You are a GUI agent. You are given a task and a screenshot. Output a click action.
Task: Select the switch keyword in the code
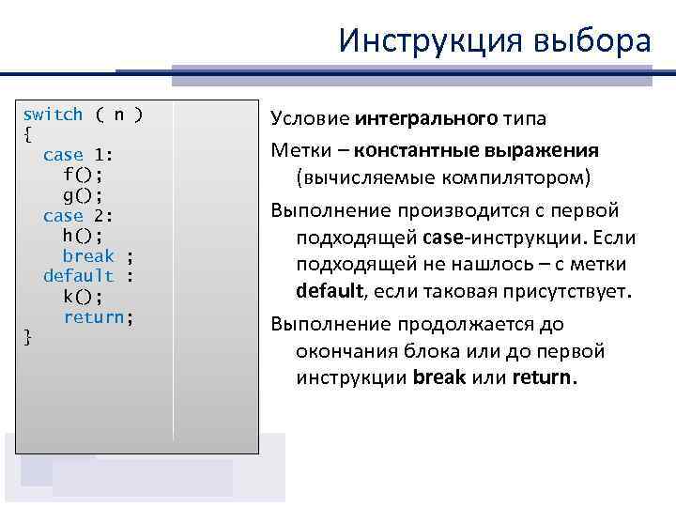point(53,115)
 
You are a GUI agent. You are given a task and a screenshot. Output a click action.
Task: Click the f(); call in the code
point(83,175)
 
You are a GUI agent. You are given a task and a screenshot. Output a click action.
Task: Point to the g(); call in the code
point(83,195)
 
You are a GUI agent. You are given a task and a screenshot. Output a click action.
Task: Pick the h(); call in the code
point(83,236)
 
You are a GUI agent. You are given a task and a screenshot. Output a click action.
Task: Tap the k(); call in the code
point(83,297)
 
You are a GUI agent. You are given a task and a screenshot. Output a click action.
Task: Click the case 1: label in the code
point(78,155)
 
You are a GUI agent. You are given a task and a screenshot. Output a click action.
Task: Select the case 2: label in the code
point(78,216)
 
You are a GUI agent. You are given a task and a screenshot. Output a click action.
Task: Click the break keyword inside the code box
point(88,256)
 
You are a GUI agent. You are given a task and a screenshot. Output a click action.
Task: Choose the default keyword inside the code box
point(79,276)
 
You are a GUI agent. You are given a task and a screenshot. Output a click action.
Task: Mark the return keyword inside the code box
point(94,317)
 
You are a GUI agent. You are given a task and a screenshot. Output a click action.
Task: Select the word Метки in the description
point(297,150)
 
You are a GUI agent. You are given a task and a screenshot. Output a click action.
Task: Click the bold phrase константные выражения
point(477,150)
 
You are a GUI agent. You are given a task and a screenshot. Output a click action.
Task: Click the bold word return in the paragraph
point(545,378)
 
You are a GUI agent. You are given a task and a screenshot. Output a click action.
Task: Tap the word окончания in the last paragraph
point(341,351)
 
